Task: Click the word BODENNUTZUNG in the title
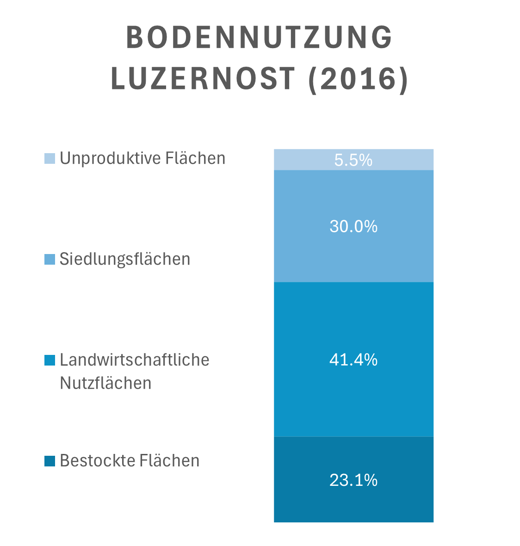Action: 259,38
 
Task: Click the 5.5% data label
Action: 353,160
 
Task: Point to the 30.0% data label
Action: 353,227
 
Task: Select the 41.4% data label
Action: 353,360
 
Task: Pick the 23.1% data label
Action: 353,480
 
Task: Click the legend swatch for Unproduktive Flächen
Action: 50,158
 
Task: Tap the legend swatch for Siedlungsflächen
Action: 50,259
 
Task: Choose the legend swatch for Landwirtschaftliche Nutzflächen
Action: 50,360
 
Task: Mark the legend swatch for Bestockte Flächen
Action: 50,461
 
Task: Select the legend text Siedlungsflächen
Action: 125,259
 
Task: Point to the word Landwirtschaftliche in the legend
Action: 135,360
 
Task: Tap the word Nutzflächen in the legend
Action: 105,384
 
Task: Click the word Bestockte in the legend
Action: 96,461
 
